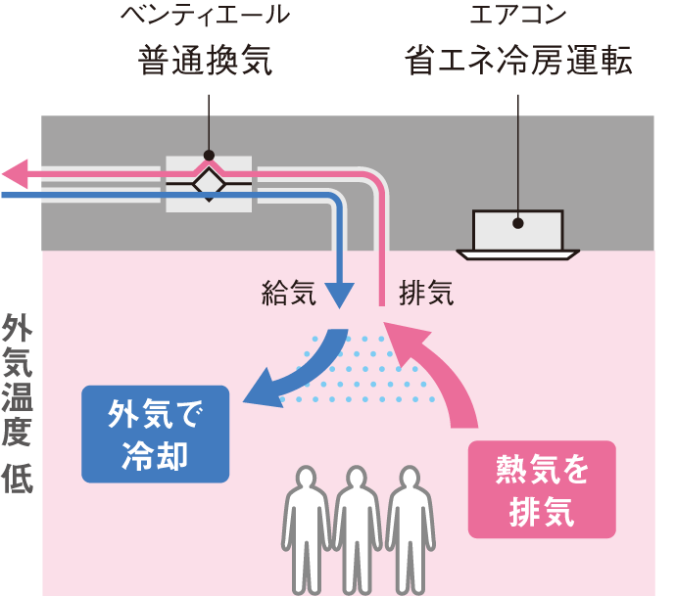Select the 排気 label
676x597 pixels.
click(x=427, y=293)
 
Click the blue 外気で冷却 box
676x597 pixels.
click(x=155, y=435)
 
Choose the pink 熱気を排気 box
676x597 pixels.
click(x=541, y=489)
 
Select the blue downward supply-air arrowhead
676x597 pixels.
click(x=338, y=293)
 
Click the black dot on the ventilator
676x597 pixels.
click(x=209, y=155)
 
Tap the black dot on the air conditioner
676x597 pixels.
click(x=517, y=222)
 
